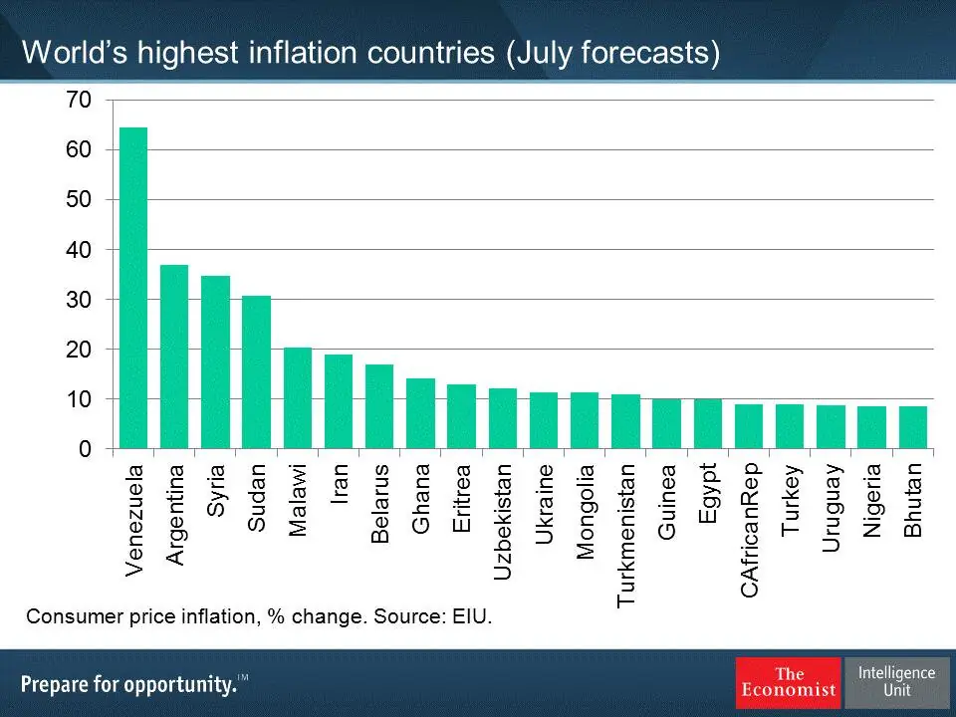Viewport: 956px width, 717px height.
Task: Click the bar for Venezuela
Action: (x=133, y=289)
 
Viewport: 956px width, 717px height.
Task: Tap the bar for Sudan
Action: (x=256, y=372)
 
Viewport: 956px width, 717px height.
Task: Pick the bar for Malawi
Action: (x=298, y=398)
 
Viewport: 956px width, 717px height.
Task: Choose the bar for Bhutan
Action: (x=912, y=427)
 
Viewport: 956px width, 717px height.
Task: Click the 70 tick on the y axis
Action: (x=80, y=100)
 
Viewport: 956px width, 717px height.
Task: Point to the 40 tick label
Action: (x=80, y=250)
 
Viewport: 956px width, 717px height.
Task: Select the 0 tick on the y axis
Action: (x=86, y=449)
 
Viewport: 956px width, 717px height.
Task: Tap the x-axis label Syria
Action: (x=216, y=490)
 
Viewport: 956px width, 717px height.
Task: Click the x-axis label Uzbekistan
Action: (x=503, y=521)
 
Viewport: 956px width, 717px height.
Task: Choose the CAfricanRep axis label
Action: (x=750, y=529)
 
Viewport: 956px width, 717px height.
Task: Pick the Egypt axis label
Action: (x=708, y=494)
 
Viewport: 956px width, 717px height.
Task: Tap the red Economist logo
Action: (x=788, y=682)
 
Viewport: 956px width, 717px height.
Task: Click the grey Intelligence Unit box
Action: (x=896, y=682)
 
